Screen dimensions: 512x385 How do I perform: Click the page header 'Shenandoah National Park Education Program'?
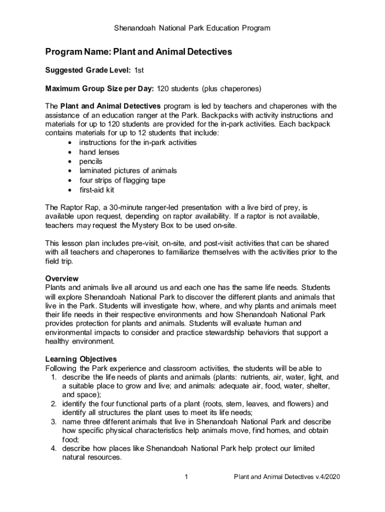coord(192,28)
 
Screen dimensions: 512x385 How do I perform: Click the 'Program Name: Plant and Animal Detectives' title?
coord(138,52)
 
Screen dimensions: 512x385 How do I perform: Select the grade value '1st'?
coord(139,70)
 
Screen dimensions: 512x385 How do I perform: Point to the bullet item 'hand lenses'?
coord(99,152)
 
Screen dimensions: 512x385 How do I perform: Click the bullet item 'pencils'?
coord(90,161)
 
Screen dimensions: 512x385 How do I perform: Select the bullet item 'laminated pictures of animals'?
coord(128,170)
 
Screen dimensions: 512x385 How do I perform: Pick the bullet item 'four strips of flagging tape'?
coord(122,180)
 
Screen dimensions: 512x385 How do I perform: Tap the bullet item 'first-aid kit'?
coord(97,189)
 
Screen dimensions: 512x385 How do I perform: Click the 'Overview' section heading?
coord(62,278)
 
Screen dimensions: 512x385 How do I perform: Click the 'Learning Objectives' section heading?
coord(81,359)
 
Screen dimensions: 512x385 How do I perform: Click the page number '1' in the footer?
coord(185,477)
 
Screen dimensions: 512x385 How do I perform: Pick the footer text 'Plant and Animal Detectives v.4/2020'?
coord(287,477)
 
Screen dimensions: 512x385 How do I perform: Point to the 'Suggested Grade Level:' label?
coord(88,70)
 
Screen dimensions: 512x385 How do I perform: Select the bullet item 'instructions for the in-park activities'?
coord(138,142)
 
